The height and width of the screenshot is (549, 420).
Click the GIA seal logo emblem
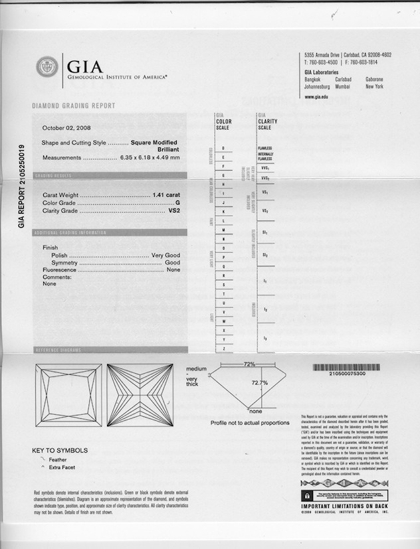pos(47,67)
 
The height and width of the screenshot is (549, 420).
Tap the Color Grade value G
pos(177,202)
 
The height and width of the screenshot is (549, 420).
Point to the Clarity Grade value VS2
pos(175,210)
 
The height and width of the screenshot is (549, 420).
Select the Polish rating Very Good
pos(165,255)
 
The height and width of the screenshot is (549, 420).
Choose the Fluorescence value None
pos(173,270)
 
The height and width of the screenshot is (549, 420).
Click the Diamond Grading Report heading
pos(74,106)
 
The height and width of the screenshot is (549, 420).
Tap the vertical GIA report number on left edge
pos(22,187)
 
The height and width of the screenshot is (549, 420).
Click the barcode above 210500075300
pos(346,366)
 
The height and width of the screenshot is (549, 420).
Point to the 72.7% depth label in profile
pos(260,383)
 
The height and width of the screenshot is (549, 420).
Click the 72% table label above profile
pos(250,364)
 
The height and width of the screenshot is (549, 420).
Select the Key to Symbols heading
pos(60,451)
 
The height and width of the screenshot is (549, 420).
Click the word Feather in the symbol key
pos(58,459)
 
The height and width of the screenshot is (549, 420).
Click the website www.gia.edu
pos(316,97)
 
